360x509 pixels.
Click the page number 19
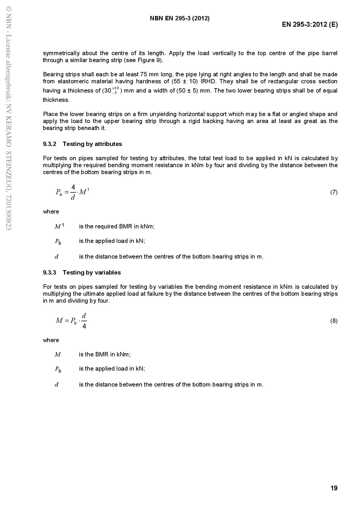click(334, 488)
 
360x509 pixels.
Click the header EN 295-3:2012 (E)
click(310, 24)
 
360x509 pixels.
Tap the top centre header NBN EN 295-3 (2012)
click(180, 18)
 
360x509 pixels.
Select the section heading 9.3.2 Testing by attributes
click(82, 144)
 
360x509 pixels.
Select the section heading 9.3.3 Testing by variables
click(82, 272)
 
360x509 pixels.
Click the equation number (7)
click(334, 192)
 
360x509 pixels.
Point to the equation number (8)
click(334, 321)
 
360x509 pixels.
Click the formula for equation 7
click(72, 192)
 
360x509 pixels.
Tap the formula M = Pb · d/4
click(71, 321)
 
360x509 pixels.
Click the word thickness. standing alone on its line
click(56, 100)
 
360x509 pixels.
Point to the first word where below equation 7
click(51, 212)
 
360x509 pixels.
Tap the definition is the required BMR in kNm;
click(117, 226)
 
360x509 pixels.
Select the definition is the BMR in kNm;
click(105, 354)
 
